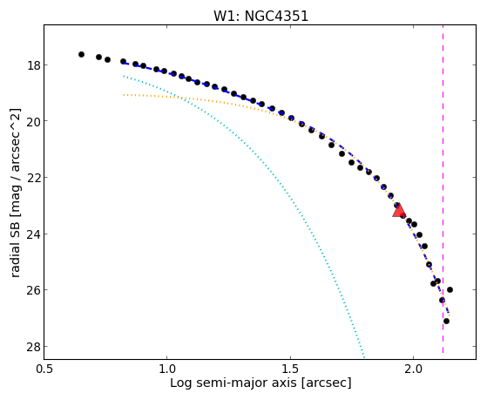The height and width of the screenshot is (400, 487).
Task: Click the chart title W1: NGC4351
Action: coord(260,16)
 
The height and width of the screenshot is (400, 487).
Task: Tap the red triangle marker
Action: coord(399,210)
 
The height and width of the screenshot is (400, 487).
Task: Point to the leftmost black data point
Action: coord(81,54)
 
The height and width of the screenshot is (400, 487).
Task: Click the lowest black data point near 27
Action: coord(446,321)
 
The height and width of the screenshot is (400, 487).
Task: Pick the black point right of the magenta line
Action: coord(450,289)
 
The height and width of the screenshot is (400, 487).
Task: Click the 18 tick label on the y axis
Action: coord(32,65)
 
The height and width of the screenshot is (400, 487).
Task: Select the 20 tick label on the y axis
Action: coord(32,121)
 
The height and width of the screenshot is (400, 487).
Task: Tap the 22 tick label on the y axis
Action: coord(32,178)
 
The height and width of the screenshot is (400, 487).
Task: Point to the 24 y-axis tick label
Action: coord(32,234)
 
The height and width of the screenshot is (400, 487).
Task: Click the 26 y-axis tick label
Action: coord(32,290)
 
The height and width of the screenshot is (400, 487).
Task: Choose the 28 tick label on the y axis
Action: coord(32,347)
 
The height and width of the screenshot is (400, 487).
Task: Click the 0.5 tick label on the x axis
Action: coord(44,369)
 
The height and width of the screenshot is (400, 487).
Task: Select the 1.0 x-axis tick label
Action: coord(167,369)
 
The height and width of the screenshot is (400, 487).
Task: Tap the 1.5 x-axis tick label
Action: coord(290,369)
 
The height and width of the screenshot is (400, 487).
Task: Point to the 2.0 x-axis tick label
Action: coord(414,369)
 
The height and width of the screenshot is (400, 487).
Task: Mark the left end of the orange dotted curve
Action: coord(124,95)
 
